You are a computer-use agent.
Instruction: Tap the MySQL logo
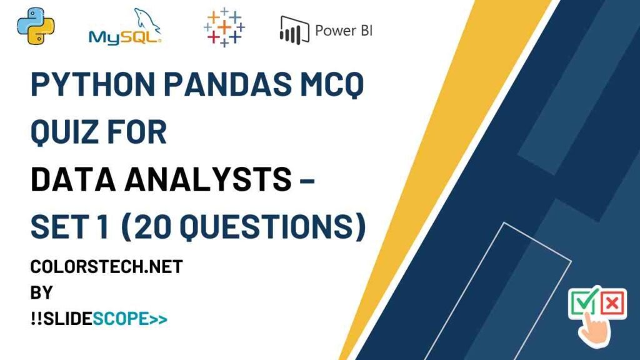[x=125, y=27]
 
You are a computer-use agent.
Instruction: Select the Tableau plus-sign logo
[x=224, y=27]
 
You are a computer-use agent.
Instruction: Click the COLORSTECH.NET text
[x=106, y=267]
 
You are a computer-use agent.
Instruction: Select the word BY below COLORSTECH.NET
[x=42, y=292]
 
